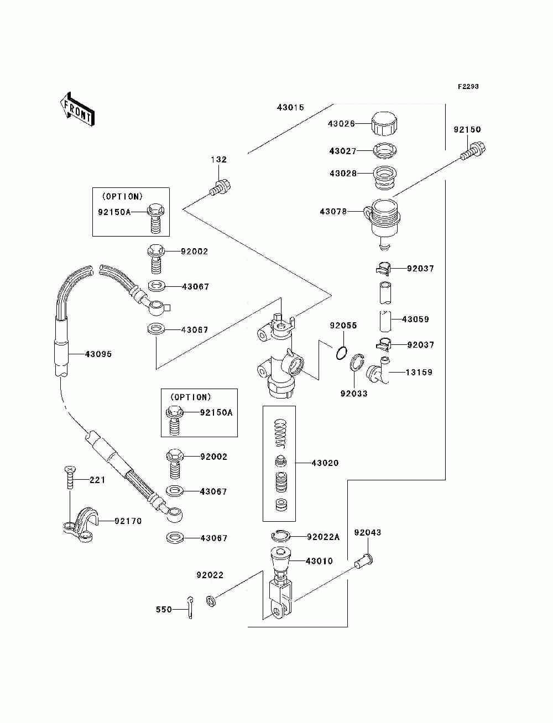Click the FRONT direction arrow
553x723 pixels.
tap(77, 109)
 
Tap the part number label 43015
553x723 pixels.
tap(290, 107)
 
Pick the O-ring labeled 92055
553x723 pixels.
tap(341, 353)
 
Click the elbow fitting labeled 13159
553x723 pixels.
tap(379, 370)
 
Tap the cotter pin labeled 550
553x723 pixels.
tap(190, 607)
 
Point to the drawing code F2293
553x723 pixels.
tap(468, 87)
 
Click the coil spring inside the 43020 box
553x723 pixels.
tap(280, 433)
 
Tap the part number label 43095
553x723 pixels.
tap(98, 354)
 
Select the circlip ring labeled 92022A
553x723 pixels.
tap(280, 536)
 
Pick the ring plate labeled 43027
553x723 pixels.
tap(384, 150)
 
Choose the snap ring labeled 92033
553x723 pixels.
tap(357, 363)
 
